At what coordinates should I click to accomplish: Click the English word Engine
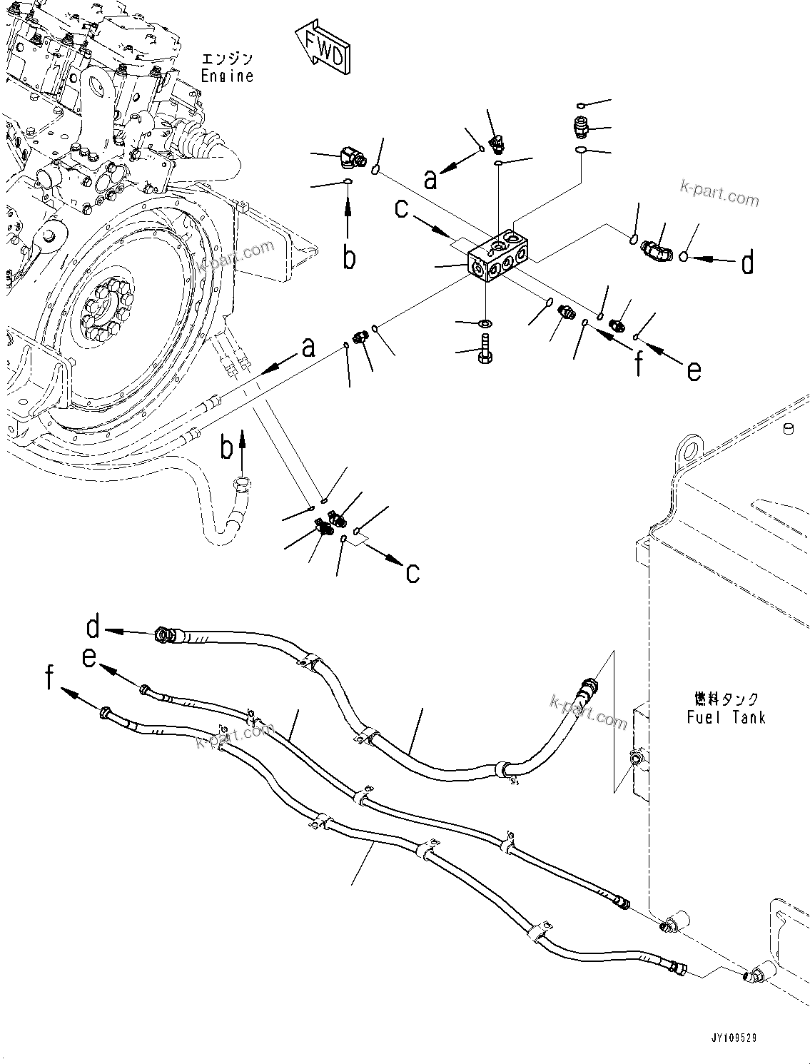(x=227, y=76)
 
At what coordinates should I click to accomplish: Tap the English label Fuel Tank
(x=726, y=717)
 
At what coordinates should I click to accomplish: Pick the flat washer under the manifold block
(x=484, y=325)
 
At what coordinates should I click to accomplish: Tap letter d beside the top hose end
(x=93, y=627)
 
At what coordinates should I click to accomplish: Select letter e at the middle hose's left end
(x=88, y=657)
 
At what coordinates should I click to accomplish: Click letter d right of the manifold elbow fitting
(x=747, y=263)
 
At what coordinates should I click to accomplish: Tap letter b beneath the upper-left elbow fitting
(x=348, y=258)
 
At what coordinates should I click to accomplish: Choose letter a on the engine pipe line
(x=308, y=348)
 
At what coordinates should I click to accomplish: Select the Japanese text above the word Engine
(x=227, y=59)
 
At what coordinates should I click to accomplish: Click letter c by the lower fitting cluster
(x=412, y=572)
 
